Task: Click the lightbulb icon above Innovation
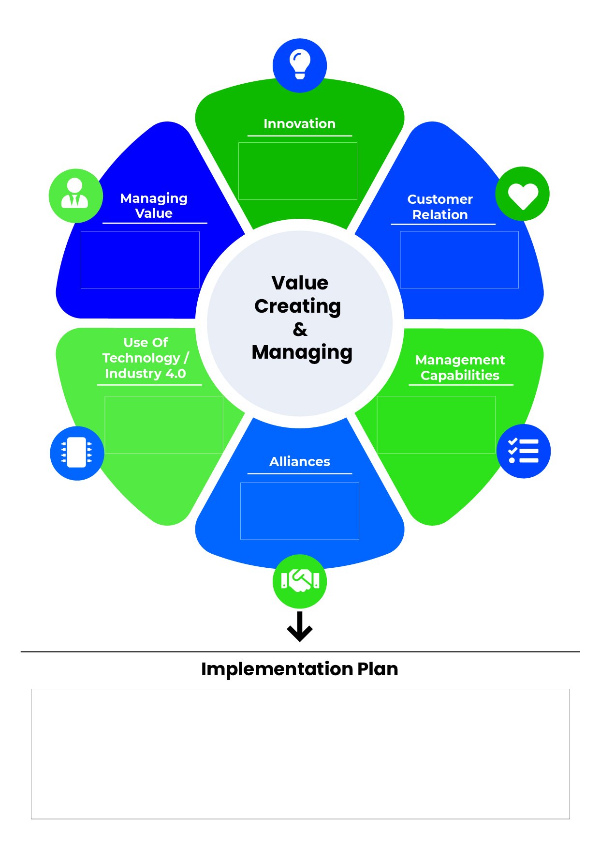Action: click(300, 65)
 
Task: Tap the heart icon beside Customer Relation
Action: click(523, 194)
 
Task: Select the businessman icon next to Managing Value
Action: click(75, 195)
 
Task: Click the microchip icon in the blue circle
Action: click(77, 453)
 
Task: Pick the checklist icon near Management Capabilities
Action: click(523, 451)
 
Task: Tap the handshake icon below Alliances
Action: click(300, 581)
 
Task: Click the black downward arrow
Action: click(300, 627)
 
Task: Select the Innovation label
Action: click(299, 124)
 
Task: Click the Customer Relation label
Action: click(440, 207)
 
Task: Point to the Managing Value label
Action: click(154, 206)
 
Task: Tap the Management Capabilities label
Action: click(460, 367)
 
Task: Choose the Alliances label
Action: click(300, 462)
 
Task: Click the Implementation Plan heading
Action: click(300, 669)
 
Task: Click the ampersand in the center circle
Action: click(300, 330)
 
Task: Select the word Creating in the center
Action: click(298, 306)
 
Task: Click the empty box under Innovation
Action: click(298, 171)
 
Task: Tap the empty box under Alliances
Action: click(300, 511)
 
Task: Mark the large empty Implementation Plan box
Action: click(300, 754)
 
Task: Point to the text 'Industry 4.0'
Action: click(146, 374)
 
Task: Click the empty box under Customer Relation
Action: click(459, 260)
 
